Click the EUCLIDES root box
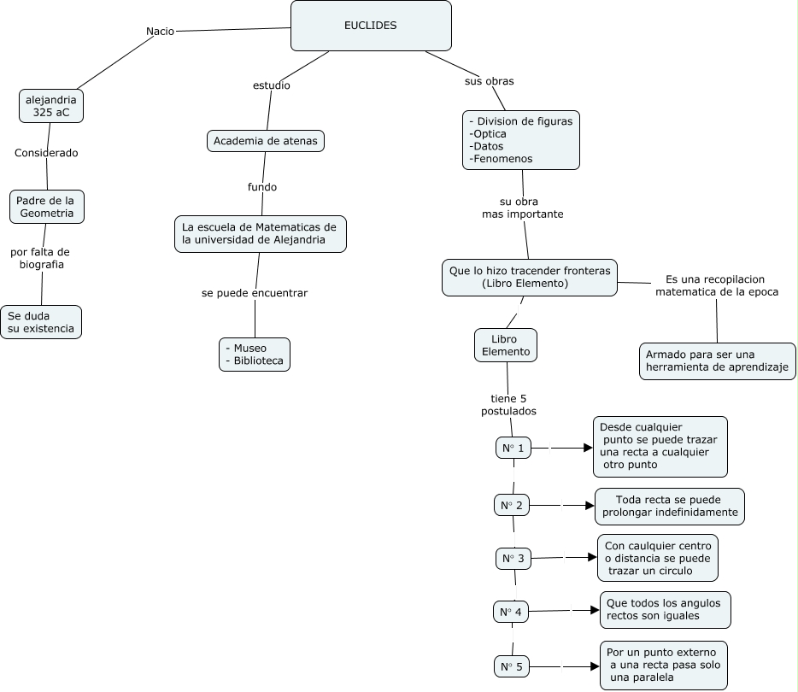point(371,26)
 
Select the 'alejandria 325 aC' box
point(51,106)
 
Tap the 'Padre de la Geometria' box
point(47,207)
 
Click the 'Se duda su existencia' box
point(41,322)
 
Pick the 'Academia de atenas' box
point(266,141)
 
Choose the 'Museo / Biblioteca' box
point(255,355)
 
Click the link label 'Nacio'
point(161,31)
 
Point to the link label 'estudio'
point(272,85)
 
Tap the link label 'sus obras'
point(489,81)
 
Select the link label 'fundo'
point(262,187)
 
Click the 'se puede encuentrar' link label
point(255,293)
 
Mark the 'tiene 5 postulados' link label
point(509,404)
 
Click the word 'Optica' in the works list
point(488,134)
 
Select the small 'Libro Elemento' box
point(506,345)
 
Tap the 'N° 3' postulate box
point(513,558)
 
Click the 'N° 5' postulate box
point(512,666)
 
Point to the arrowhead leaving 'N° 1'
point(589,448)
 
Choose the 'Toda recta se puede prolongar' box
point(670,507)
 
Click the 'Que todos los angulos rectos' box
point(666,610)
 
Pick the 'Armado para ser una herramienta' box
point(717,361)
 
